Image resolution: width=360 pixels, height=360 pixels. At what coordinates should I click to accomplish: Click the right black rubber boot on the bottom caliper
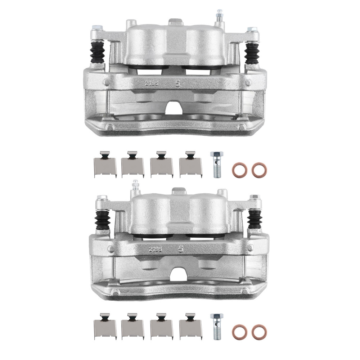255,220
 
